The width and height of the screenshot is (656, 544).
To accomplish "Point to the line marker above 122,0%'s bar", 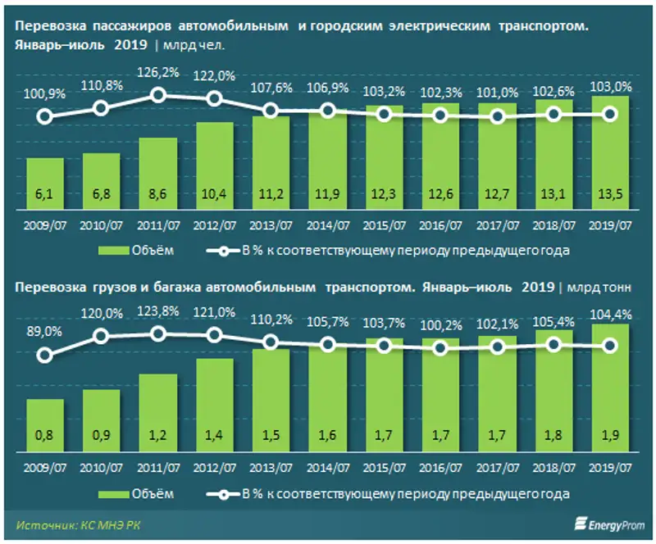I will [214, 99].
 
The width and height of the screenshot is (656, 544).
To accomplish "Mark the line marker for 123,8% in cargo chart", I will [157, 333].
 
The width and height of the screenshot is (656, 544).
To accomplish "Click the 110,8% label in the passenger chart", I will [101, 84].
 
